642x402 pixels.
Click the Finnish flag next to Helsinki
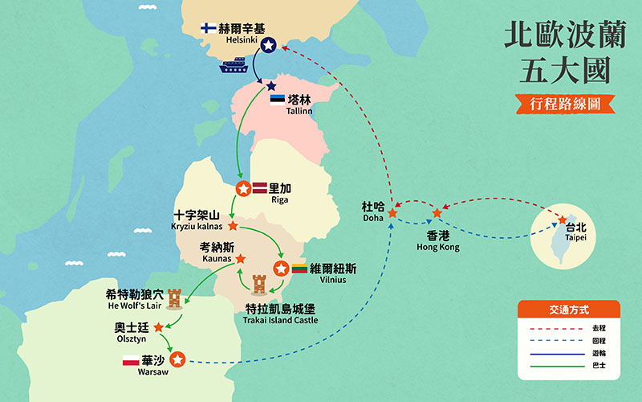pyautogui.click(x=207, y=27)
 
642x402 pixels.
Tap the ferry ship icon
pyautogui.click(x=234, y=65)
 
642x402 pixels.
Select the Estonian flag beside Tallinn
pyautogui.click(x=277, y=100)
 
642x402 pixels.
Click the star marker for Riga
pyautogui.click(x=243, y=189)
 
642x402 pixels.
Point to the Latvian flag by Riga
pyautogui.click(x=260, y=187)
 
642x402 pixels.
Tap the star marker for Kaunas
pyautogui.click(x=240, y=259)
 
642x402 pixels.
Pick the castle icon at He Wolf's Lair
pyautogui.click(x=175, y=297)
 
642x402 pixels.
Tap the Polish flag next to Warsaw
pyautogui.click(x=131, y=361)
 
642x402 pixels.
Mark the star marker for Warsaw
pyautogui.click(x=178, y=361)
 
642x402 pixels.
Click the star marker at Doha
pyautogui.click(x=392, y=213)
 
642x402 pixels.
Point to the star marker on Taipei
pyautogui.click(x=561, y=218)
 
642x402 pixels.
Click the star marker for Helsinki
pyautogui.click(x=268, y=46)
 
